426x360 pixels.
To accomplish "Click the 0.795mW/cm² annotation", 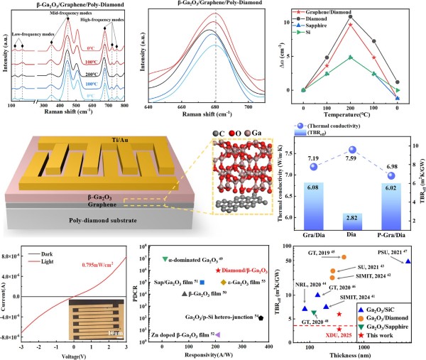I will tap(106, 266).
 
